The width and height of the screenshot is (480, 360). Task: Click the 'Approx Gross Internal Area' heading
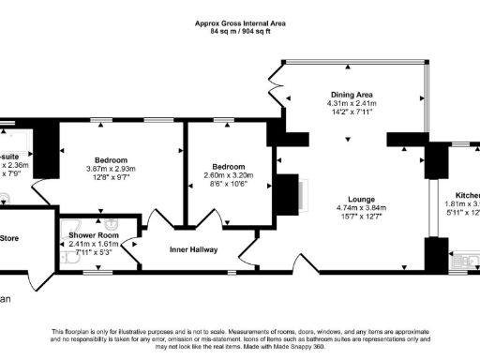pyautogui.click(x=240, y=22)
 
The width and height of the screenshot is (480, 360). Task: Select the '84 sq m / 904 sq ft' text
pyautogui.click(x=240, y=31)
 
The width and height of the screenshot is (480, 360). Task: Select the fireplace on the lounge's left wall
pyautogui.click(x=289, y=194)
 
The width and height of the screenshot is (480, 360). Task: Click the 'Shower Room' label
pyautogui.click(x=92, y=236)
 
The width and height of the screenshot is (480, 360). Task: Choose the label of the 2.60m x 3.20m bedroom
pyautogui.click(x=229, y=166)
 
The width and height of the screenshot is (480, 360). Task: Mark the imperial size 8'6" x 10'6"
pyautogui.click(x=229, y=184)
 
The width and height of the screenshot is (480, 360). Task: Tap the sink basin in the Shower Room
pyautogui.click(x=112, y=225)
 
